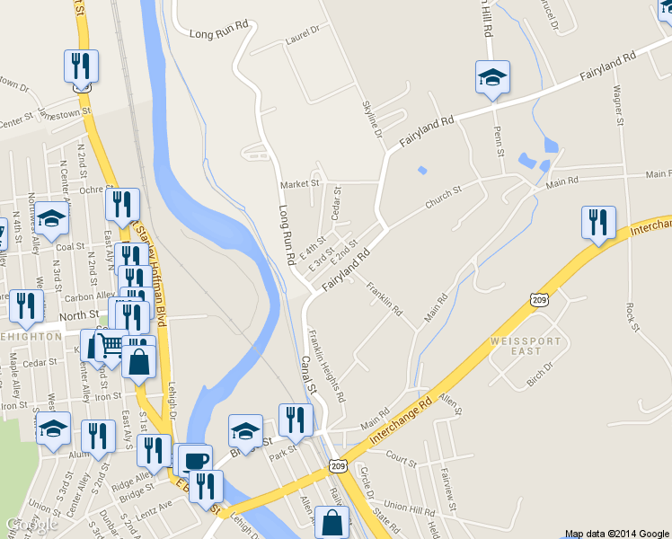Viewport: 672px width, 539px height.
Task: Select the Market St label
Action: click(x=300, y=184)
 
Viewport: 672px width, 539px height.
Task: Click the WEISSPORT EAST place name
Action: click(x=526, y=346)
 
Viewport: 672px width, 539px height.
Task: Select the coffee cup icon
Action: click(x=195, y=461)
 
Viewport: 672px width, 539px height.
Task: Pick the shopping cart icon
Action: click(x=110, y=345)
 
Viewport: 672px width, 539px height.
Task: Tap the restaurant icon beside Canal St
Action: click(x=296, y=420)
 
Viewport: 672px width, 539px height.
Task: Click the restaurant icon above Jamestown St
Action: click(x=81, y=66)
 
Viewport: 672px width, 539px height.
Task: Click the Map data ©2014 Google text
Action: click(x=616, y=533)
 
